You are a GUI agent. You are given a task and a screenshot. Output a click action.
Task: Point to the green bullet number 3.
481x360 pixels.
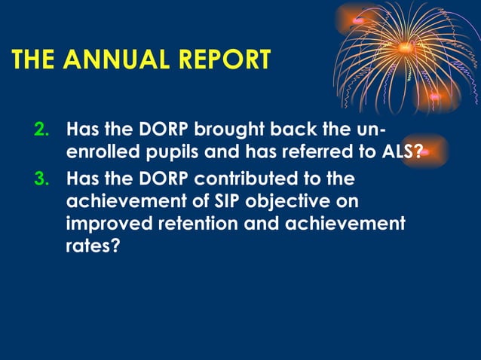(42, 181)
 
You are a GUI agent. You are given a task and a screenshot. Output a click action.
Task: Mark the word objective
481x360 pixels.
(290, 202)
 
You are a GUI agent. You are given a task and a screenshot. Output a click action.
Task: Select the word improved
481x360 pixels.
(110, 224)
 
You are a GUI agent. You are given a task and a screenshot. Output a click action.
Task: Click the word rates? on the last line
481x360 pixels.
(93, 246)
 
